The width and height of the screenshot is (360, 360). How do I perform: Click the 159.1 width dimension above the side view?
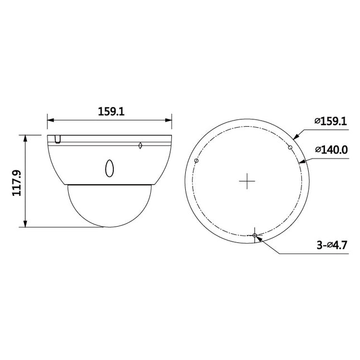[x=109, y=112]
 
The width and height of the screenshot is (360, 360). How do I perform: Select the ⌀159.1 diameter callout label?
[x=330, y=121]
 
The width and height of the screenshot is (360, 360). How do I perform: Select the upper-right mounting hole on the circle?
[x=290, y=147]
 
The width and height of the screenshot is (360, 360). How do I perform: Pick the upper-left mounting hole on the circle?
[x=196, y=161]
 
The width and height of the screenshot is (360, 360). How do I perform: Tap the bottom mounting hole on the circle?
[x=255, y=236]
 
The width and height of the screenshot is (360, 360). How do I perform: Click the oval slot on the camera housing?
[x=110, y=167]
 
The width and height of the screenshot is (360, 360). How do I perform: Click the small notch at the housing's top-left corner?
[x=57, y=138]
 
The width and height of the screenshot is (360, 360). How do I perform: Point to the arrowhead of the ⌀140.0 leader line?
[x=303, y=161]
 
